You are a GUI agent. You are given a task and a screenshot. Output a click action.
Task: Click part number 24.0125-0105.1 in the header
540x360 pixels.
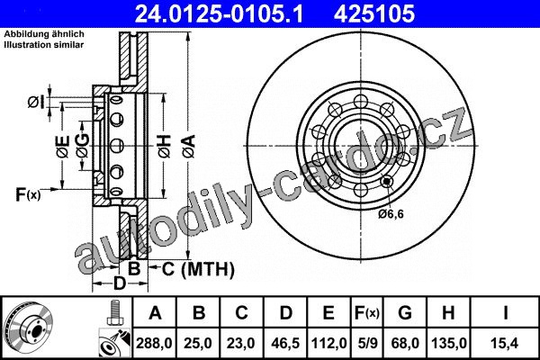(x=219, y=13)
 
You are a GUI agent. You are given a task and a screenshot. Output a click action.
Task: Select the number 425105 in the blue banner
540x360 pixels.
(x=374, y=13)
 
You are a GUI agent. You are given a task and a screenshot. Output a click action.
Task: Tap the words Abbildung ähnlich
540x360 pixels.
(x=44, y=34)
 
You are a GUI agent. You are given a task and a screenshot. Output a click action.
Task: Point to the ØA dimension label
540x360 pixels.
(x=189, y=147)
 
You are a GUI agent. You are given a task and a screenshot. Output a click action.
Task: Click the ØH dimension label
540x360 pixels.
(x=165, y=147)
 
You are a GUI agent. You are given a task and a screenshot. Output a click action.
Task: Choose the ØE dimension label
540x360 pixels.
(x=63, y=147)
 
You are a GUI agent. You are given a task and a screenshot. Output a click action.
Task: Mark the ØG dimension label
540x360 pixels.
(x=83, y=146)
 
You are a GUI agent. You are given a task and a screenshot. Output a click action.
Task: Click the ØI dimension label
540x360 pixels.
(x=36, y=102)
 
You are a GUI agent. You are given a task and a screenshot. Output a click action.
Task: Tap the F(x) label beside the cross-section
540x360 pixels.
(x=28, y=194)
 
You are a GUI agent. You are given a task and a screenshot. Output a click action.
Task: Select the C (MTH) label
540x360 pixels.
(x=198, y=269)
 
